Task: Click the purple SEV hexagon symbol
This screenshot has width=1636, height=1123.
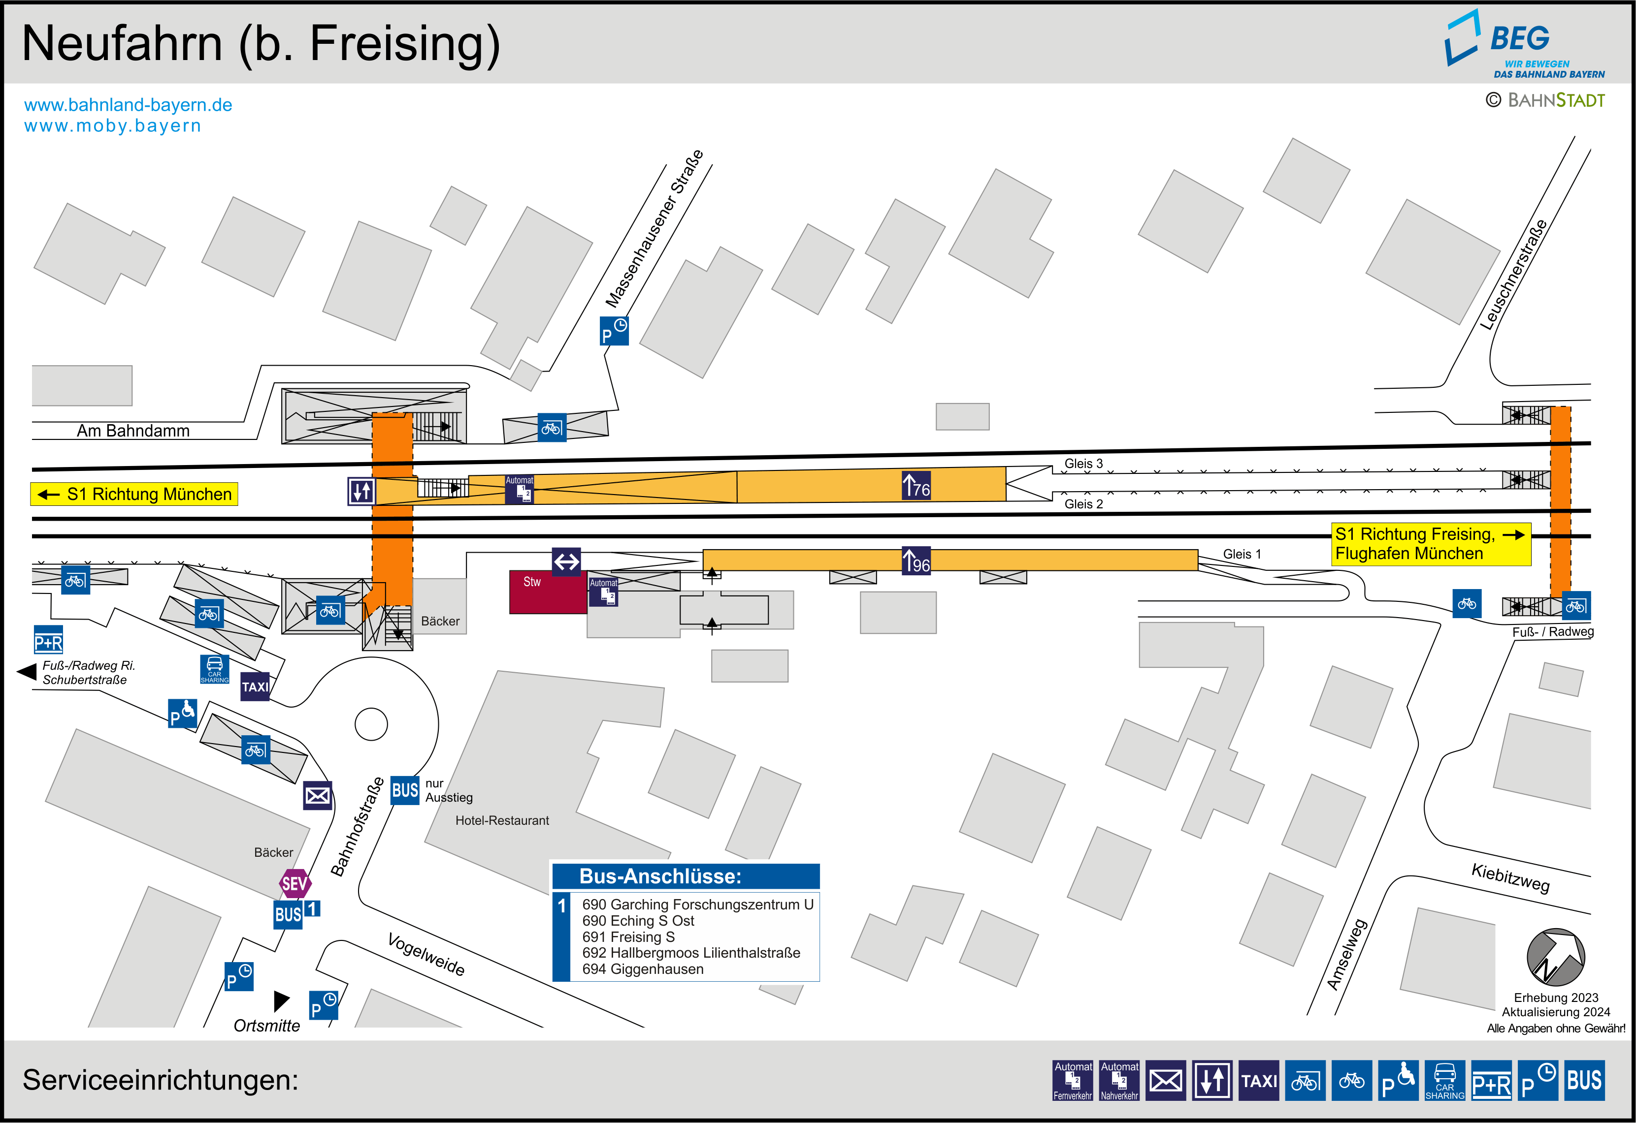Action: click(294, 884)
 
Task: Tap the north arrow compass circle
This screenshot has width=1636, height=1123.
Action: click(1555, 957)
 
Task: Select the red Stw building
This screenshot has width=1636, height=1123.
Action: click(548, 592)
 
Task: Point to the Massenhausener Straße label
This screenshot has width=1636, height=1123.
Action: click(654, 229)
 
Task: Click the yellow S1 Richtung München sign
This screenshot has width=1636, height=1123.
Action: click(134, 494)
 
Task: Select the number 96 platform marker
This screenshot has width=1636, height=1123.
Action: click(916, 561)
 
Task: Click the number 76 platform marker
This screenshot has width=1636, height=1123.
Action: click(916, 486)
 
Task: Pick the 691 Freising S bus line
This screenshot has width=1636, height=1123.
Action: click(628, 936)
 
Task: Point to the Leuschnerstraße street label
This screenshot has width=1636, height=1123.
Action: click(1513, 275)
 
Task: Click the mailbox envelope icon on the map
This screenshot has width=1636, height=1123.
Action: click(318, 796)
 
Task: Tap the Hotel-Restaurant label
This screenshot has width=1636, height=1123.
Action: click(502, 820)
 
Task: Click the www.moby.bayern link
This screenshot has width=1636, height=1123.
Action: click(113, 126)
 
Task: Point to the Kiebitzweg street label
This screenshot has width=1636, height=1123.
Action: click(1510, 877)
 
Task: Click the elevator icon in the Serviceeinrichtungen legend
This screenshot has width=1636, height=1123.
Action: click(1212, 1080)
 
